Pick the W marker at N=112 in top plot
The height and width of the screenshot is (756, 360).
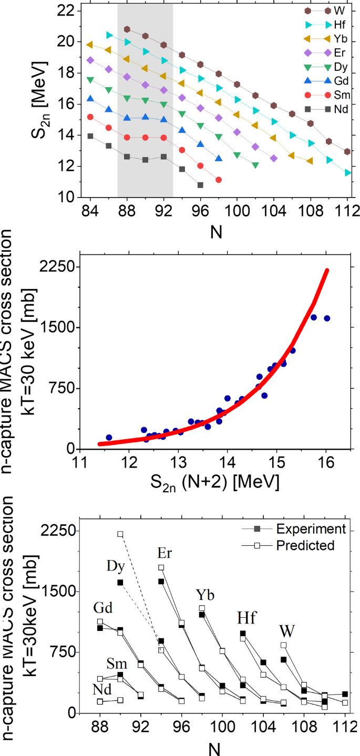[347, 151]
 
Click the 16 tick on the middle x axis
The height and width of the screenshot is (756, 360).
[326, 462]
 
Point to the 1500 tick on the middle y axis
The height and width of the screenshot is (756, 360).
[57, 327]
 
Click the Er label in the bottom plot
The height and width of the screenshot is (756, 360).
[165, 553]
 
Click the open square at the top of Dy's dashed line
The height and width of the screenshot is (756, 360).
[120, 534]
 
